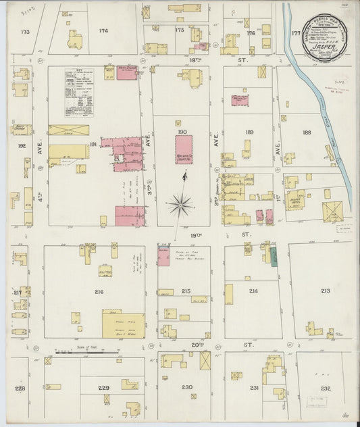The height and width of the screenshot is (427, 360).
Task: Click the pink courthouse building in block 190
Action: pos(184,149)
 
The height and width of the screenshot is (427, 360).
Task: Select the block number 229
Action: pos(103,387)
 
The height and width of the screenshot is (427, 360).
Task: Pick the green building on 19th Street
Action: pos(274,256)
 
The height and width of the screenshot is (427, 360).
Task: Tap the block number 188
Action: pos(307,132)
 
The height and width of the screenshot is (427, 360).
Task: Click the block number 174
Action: pos(103,31)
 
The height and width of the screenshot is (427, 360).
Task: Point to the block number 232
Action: pos(326,388)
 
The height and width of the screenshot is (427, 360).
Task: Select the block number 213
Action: pos(326,291)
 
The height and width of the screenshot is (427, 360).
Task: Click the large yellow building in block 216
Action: pos(123,325)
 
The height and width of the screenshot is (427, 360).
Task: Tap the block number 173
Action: pos(26,32)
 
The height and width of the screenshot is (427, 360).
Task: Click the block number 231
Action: pos(254,388)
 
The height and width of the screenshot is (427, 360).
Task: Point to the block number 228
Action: pos(20,388)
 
